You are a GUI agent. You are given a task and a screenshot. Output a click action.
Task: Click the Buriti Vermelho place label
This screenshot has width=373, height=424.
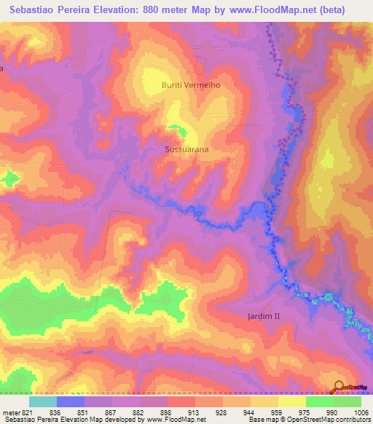(190, 85)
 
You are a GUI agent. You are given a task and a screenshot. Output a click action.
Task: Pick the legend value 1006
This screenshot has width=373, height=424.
(361, 412)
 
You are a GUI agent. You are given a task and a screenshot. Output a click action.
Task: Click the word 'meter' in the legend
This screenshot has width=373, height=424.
(11, 412)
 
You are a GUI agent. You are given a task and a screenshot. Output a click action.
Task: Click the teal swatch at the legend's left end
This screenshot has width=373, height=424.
(43, 401)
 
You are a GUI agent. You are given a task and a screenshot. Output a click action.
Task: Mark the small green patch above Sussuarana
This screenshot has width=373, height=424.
(177, 130)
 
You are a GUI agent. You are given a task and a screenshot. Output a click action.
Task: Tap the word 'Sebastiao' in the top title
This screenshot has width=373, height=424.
(36, 9)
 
